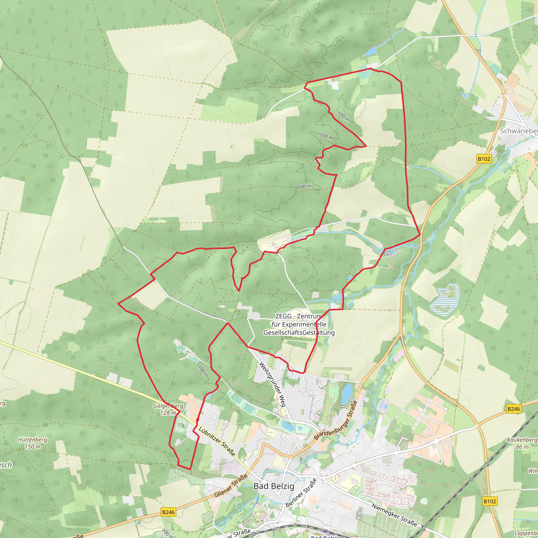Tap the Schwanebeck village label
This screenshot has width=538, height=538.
coord(519,131)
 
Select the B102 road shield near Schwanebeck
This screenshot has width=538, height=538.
coord(484,159)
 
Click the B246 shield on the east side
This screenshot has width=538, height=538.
coord(514,409)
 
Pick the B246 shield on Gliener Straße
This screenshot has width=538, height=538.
coord(168,512)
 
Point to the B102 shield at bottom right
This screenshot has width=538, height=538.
coord(490,501)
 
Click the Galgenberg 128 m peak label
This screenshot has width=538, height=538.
coord(168,409)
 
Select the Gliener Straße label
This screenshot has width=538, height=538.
coord(231,486)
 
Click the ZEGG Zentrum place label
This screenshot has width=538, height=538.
coord(299,324)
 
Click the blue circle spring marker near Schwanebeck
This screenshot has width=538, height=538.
coord(466,96)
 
